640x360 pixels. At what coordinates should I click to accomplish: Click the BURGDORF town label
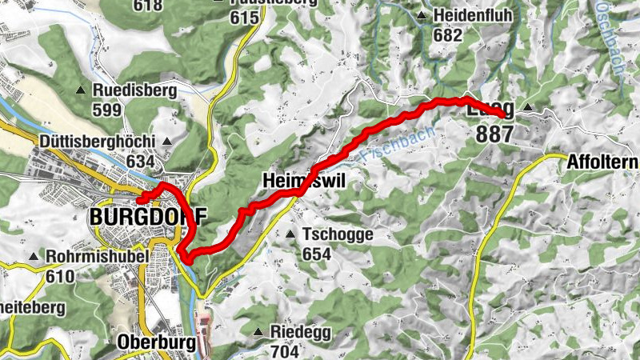[x=148, y=217]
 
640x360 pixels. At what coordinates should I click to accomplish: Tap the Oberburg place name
[x=156, y=342]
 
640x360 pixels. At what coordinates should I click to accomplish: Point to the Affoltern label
[x=602, y=162]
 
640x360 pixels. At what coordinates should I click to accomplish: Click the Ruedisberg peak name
[x=134, y=90]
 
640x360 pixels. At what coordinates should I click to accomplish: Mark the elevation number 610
[x=60, y=277]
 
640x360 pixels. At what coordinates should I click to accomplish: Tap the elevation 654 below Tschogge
[x=318, y=254]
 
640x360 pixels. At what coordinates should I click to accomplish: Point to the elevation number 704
[x=285, y=350]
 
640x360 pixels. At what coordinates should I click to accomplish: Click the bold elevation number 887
[x=494, y=134]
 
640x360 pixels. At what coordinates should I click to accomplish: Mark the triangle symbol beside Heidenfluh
[x=422, y=15]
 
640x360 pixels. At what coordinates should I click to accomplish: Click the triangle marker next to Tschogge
[x=290, y=234]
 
